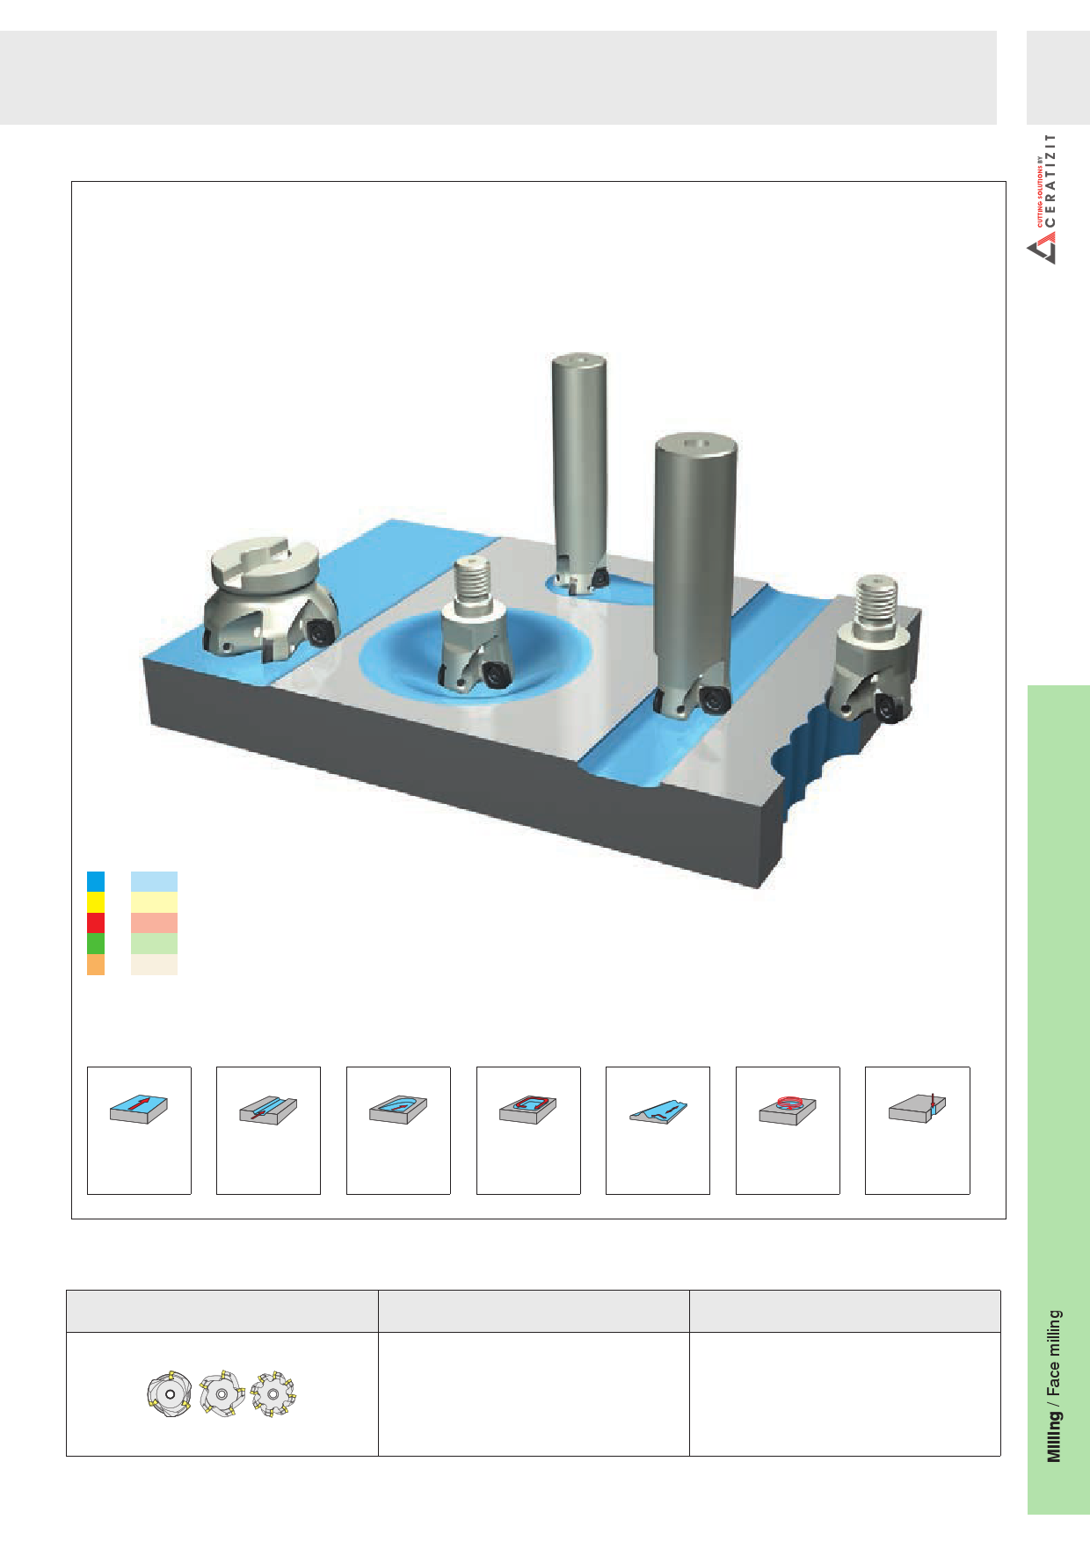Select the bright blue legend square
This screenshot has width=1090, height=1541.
click(96, 881)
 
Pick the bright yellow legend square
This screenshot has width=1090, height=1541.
click(96, 902)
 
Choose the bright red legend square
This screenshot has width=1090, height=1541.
click(96, 922)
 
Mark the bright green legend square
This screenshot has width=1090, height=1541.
click(96, 944)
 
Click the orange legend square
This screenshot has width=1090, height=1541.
click(96, 965)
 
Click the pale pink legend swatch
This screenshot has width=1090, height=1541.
click(154, 922)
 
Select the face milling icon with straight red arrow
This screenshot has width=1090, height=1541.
click(139, 1110)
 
